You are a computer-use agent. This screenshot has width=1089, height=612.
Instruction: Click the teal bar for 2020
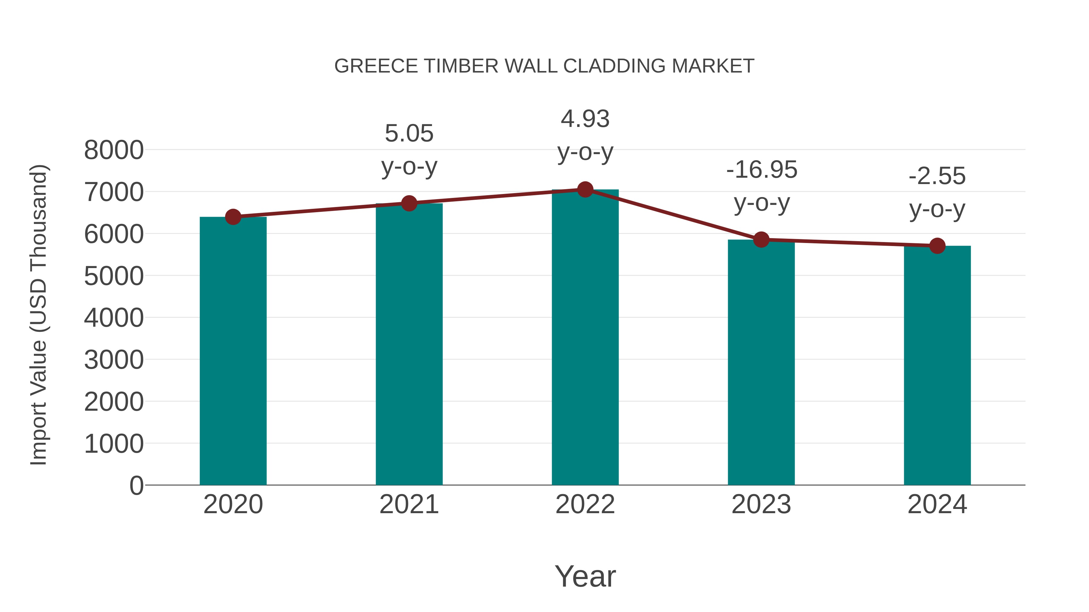coord(233,351)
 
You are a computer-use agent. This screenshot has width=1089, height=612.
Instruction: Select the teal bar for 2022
coord(585,338)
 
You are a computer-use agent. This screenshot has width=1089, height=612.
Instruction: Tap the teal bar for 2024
coord(937,365)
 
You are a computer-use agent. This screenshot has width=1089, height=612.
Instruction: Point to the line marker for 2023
coord(761,239)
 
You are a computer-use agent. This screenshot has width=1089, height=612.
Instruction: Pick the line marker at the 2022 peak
coord(585,189)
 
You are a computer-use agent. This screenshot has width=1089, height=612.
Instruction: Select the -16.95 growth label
coord(762,170)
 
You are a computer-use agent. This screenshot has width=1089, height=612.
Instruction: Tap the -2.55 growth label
coord(937,176)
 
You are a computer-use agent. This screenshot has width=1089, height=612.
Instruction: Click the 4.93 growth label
coord(585,119)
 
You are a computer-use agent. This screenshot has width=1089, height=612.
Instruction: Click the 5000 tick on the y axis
coord(114,276)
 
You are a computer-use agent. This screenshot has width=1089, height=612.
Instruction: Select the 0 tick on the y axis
coord(136,485)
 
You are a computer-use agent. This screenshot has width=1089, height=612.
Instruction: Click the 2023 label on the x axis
coord(761,504)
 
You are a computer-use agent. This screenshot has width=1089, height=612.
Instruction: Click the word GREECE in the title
coord(376,66)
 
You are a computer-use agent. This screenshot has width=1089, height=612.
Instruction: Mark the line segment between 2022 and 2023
coord(673,215)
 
